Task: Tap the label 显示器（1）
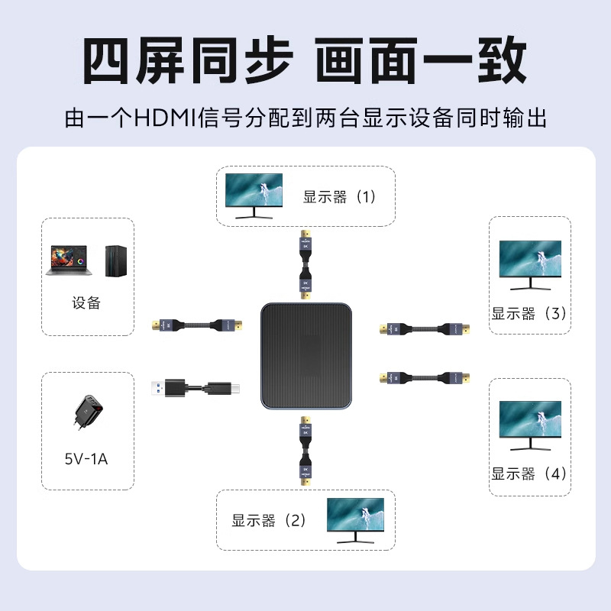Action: pos(340,197)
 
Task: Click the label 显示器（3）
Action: pos(529,313)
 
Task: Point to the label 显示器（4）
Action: pos(529,474)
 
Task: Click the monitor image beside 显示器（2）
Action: pos(355,520)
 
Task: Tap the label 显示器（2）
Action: pos(269,521)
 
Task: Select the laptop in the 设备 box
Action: pos(70,260)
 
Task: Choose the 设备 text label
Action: pos(86,303)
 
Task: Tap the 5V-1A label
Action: pos(86,459)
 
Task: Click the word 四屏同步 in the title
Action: pos(186,61)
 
